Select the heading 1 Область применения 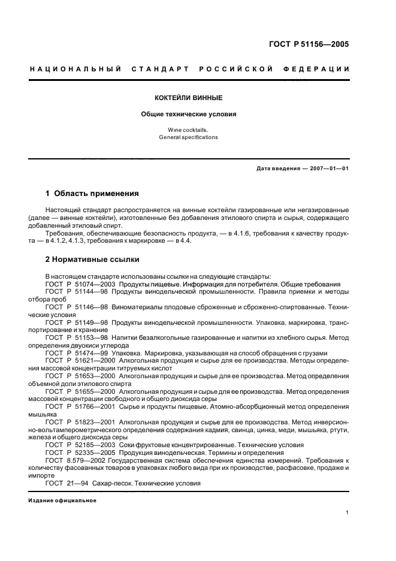click(92, 194)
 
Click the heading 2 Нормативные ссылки click(92, 260)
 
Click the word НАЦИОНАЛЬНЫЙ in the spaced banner click(76, 70)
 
